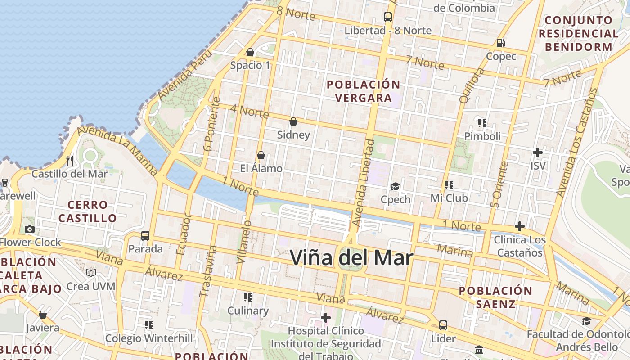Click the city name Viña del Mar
pos(351,257)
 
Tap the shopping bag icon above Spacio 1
pos(250,52)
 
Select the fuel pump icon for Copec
pos(500,43)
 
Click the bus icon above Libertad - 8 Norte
pos(388,17)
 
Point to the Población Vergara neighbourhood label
pos(364,91)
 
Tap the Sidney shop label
pos(293,135)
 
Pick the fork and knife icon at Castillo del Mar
pos(70,160)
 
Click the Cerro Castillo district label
pos(88,211)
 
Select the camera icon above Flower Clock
pos(30,229)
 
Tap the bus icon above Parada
pos(145,235)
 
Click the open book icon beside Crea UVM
pos(91,273)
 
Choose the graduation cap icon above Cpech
pos(395,186)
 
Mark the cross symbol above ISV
pos(537,153)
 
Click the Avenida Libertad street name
pos(363,183)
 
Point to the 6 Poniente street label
pos(211,124)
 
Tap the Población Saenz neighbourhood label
pos(495,297)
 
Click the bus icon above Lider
pos(443,325)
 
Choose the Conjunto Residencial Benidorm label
pos(579,33)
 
